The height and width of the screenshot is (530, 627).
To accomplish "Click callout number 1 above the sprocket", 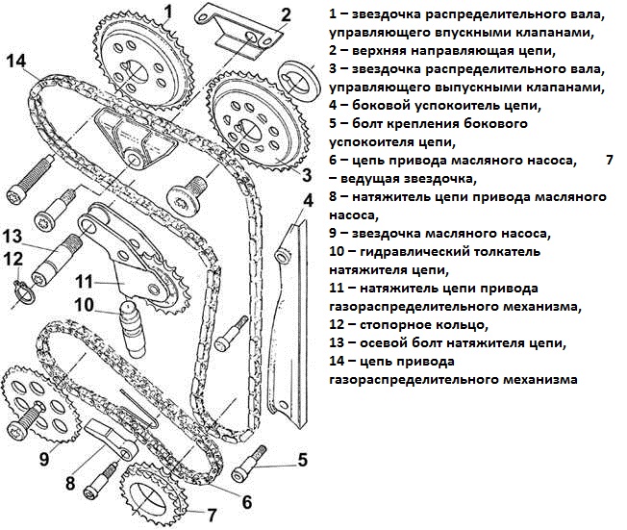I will tap(167, 13).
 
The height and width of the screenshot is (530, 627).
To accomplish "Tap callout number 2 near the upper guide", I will tap(285, 15).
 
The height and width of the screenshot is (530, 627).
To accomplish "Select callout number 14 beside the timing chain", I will tap(15, 62).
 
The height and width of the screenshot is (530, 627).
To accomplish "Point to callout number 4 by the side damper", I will tap(308, 201).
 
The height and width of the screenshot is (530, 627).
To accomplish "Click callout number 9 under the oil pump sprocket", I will tap(43, 458).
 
